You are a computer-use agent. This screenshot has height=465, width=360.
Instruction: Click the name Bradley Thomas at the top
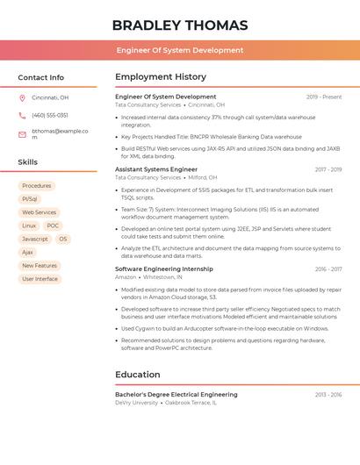180,25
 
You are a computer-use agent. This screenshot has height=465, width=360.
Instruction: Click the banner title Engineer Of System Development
180,50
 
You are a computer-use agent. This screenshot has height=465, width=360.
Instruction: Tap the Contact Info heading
41,77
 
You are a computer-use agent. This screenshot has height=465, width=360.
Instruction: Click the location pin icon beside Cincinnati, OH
22,98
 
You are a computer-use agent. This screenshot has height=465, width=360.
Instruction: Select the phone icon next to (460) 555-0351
22,116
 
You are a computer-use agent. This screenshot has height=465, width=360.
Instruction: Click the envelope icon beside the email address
22,134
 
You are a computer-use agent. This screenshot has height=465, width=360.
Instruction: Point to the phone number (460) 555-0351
50,116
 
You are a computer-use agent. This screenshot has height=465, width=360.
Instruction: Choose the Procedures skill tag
36,186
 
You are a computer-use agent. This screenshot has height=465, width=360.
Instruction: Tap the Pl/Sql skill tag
30,199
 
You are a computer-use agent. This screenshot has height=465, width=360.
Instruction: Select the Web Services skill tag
39,212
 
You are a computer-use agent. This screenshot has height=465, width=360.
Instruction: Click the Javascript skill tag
35,239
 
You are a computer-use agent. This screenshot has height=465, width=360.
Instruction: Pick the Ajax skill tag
27,252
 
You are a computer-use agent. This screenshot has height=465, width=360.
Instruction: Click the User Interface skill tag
40,279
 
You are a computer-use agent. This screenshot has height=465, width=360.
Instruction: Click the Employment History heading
161,77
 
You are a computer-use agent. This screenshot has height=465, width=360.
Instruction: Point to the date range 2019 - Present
324,97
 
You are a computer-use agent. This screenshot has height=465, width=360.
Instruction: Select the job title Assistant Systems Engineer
156,169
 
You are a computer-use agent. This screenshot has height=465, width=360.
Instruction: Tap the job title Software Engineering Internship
164,269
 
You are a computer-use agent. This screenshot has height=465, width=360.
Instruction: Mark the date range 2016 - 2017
328,269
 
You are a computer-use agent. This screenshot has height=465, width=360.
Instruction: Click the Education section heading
138,375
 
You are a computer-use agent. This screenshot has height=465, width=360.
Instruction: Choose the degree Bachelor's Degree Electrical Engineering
176,395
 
